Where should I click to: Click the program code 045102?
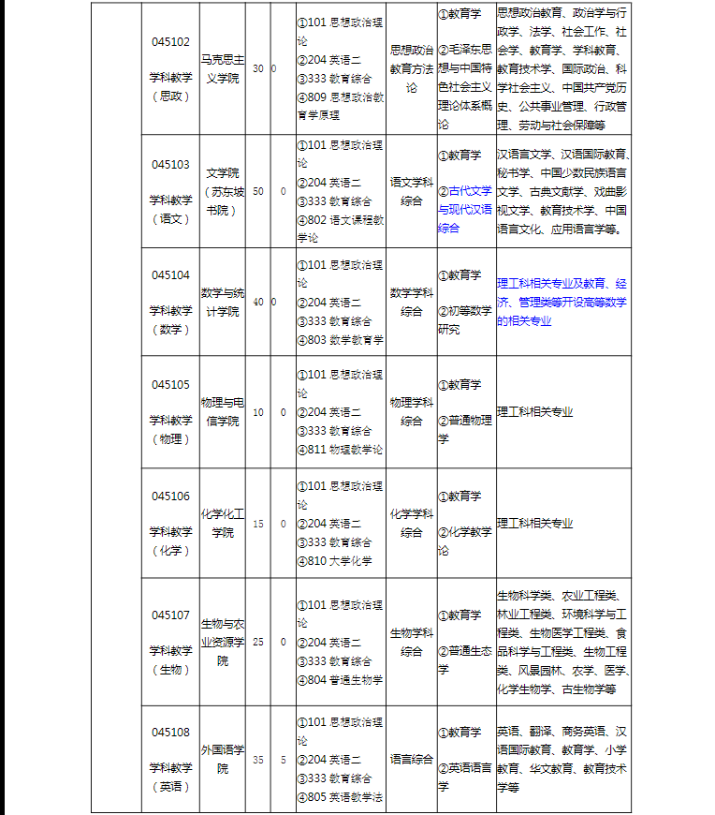(x=170, y=42)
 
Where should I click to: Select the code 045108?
(x=170, y=732)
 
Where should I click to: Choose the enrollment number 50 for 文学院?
(x=257, y=191)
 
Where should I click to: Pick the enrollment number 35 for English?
(x=257, y=760)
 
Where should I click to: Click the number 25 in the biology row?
(x=257, y=642)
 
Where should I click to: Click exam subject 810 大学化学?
(x=339, y=561)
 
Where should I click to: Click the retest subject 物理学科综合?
(x=412, y=411)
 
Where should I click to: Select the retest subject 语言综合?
(x=412, y=759)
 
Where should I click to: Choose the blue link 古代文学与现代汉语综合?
(x=464, y=209)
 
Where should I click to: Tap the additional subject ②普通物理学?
(x=464, y=429)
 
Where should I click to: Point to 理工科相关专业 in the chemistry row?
(x=534, y=524)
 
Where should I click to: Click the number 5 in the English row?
(x=283, y=760)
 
